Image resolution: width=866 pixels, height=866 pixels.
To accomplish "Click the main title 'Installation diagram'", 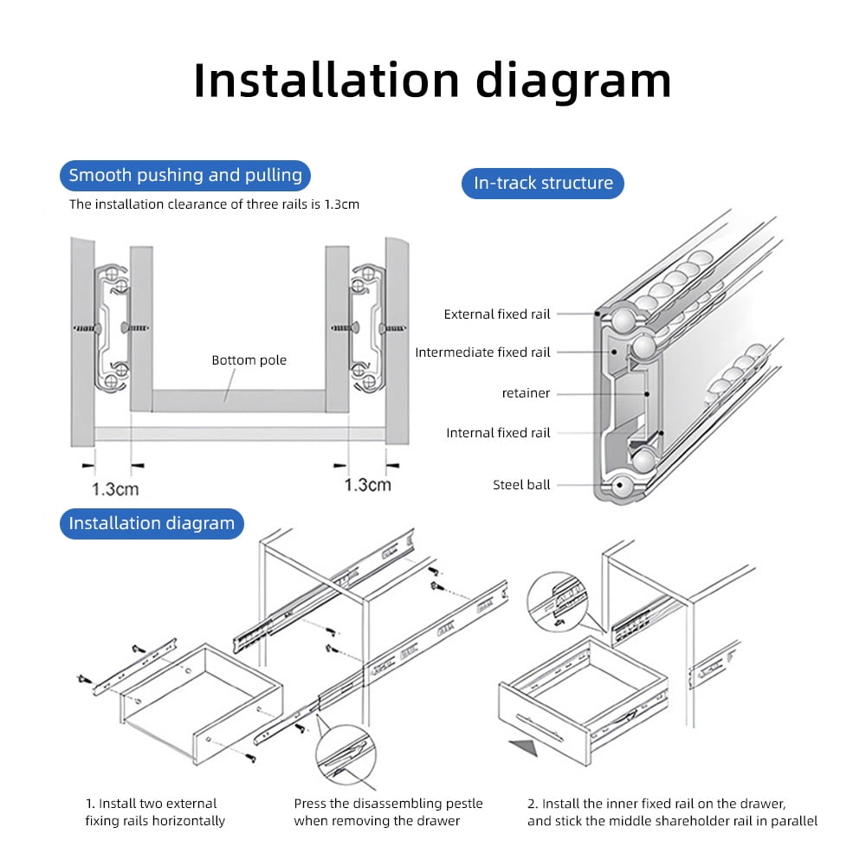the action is (x=432, y=81).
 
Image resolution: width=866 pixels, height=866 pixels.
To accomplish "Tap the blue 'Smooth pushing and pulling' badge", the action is (x=185, y=176).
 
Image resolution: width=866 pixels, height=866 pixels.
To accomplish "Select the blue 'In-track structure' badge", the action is (x=543, y=183).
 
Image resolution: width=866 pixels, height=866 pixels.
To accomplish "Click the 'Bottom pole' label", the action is (x=249, y=360).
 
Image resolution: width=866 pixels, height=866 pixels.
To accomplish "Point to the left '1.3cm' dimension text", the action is (x=115, y=488).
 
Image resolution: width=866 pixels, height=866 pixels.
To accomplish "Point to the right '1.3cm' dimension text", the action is (x=368, y=485).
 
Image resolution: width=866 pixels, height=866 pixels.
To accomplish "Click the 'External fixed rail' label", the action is (x=497, y=314).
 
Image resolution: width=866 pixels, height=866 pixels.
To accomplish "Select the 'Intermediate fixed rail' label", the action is (x=482, y=352).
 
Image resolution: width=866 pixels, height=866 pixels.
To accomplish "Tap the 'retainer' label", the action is (x=526, y=393).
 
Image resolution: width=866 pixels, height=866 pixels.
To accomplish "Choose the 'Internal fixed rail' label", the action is (x=498, y=433).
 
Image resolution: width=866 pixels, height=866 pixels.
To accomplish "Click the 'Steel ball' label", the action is (x=521, y=485).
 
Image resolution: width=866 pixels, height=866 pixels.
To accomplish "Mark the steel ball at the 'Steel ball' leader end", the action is (x=621, y=486).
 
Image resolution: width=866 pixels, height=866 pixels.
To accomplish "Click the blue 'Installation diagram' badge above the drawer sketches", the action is (x=152, y=524).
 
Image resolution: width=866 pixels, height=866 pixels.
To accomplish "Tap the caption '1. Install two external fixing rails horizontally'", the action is (x=155, y=812).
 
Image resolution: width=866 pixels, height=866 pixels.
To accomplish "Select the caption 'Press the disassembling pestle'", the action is (x=388, y=804).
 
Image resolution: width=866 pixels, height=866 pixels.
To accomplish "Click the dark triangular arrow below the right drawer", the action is (x=526, y=746).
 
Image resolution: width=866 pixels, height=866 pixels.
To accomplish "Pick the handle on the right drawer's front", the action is (x=540, y=727).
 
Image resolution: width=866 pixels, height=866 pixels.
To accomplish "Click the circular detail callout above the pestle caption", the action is (x=346, y=753).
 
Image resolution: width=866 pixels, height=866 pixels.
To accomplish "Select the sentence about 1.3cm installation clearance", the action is (x=214, y=204).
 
